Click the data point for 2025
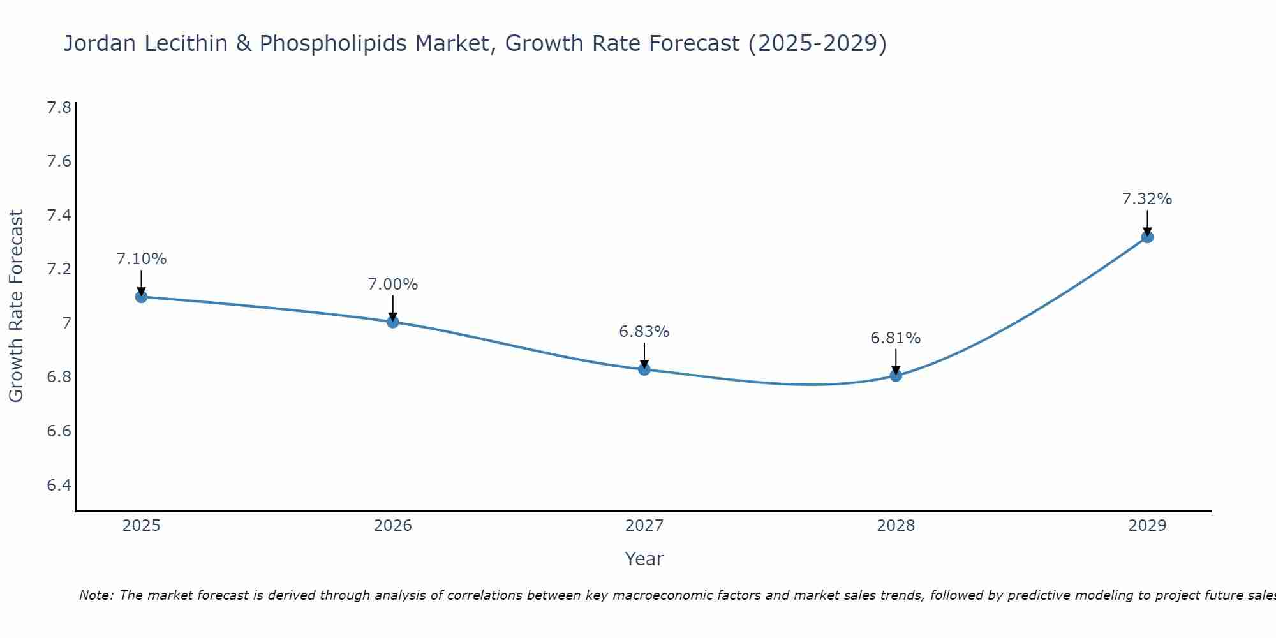[141, 297]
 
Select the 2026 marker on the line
[393, 322]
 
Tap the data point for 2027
[644, 369]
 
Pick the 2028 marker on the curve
[896, 375]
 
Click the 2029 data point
[1147, 237]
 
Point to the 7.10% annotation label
[141, 259]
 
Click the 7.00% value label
[393, 285]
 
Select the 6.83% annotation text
[644, 332]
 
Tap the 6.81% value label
[896, 338]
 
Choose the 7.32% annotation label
[1147, 199]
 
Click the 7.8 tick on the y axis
[59, 107]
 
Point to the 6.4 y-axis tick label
[59, 485]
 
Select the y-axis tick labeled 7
[66, 323]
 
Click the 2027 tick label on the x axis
[644, 526]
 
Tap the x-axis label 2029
[1147, 526]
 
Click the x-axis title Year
[644, 559]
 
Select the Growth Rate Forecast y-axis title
[16, 306]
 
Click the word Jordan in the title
[101, 43]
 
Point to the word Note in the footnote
[96, 595]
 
